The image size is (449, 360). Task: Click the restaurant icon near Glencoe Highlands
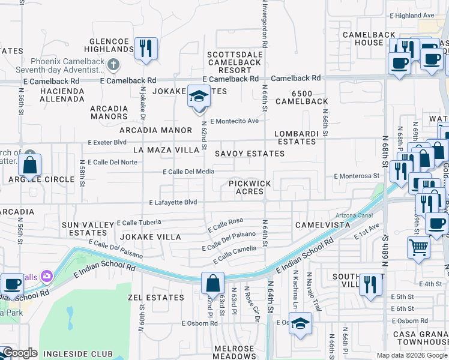pos(146,48)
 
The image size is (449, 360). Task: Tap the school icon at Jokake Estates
pos(199,97)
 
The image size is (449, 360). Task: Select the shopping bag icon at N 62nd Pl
pos(213,283)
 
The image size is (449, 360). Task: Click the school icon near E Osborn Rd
pos(300,323)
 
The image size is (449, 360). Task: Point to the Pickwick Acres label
pos(249,187)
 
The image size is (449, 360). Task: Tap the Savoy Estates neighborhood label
pos(250,154)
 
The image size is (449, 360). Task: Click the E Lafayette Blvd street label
pos(173,203)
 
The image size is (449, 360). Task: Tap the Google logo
pos(20,353)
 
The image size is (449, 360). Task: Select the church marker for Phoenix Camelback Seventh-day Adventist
pos(115,64)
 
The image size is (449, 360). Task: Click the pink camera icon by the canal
pos(46,276)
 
